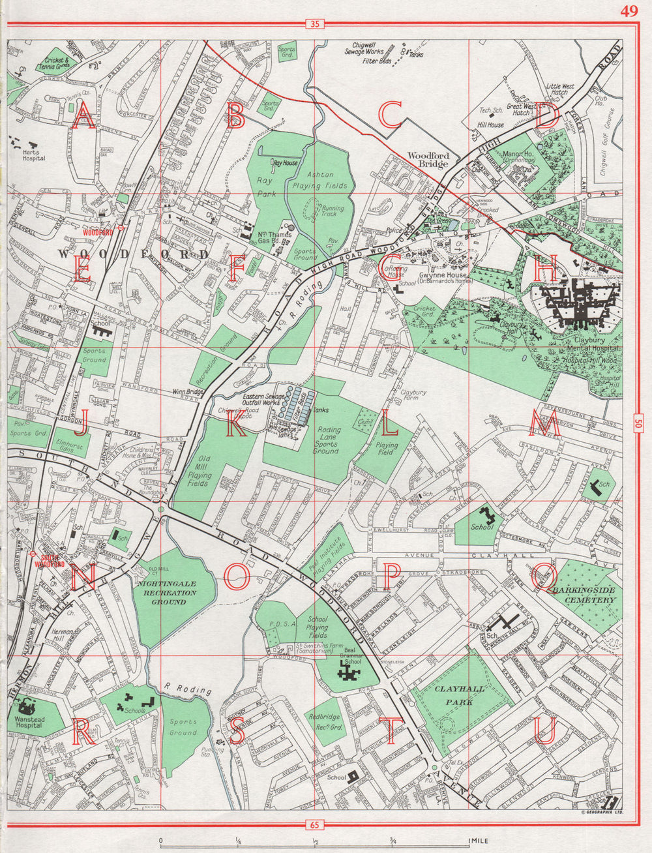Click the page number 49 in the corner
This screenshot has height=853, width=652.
coord(629,10)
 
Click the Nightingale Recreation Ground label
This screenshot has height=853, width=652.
coord(166,593)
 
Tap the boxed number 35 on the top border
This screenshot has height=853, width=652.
coord(315,25)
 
